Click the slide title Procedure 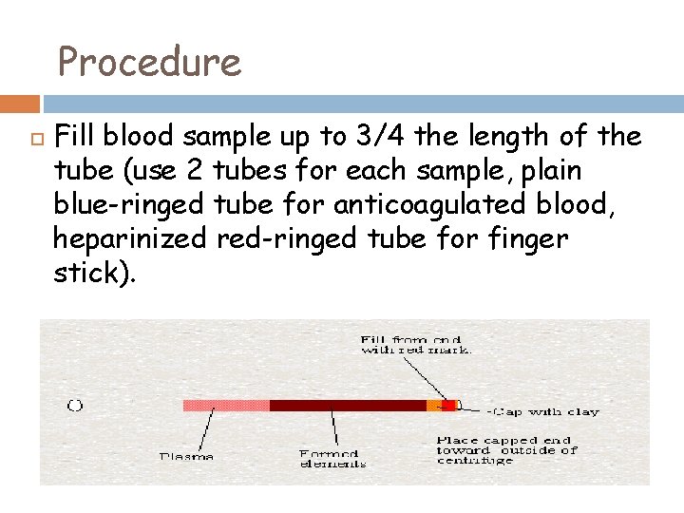[149, 63]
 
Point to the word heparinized [129, 239]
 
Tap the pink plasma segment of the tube [226, 406]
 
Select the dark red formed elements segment [347, 406]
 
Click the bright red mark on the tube [448, 406]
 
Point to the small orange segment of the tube [433, 406]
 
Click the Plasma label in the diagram [185, 456]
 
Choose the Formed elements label [332, 457]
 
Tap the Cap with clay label [530, 411]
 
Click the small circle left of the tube [75, 406]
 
